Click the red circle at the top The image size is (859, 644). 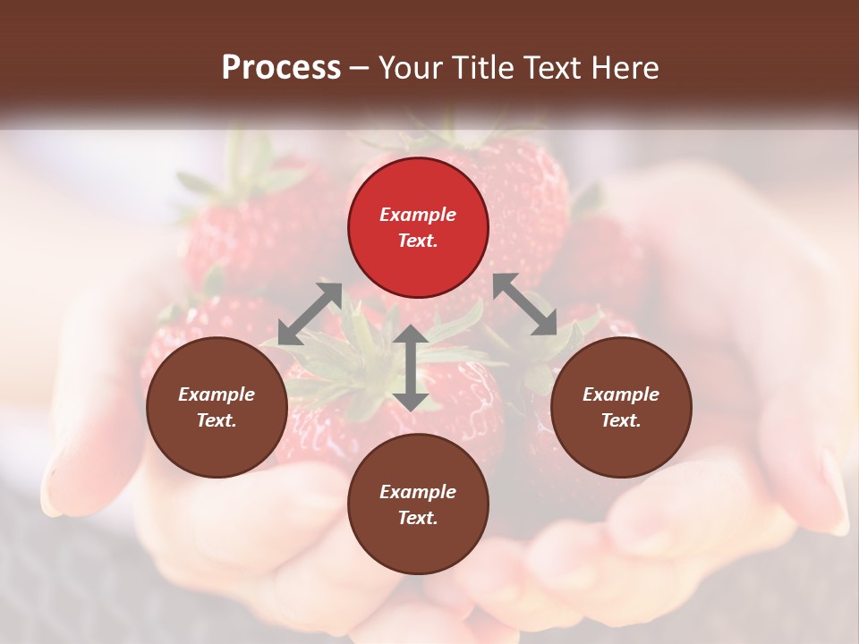[418, 227]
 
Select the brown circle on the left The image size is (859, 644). [217, 407]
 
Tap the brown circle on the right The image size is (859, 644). [621, 407]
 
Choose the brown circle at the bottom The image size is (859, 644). [418, 504]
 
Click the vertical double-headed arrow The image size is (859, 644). [410, 368]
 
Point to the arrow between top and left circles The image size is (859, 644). [310, 314]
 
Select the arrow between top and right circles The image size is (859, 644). [525, 304]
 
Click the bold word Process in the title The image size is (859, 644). [281, 67]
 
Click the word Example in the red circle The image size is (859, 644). [418, 215]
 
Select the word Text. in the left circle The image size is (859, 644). [217, 420]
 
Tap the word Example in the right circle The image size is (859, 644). [621, 394]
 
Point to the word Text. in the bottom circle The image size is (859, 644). [418, 518]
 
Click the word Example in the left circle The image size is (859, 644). [217, 394]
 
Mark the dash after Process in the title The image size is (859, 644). [360, 69]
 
